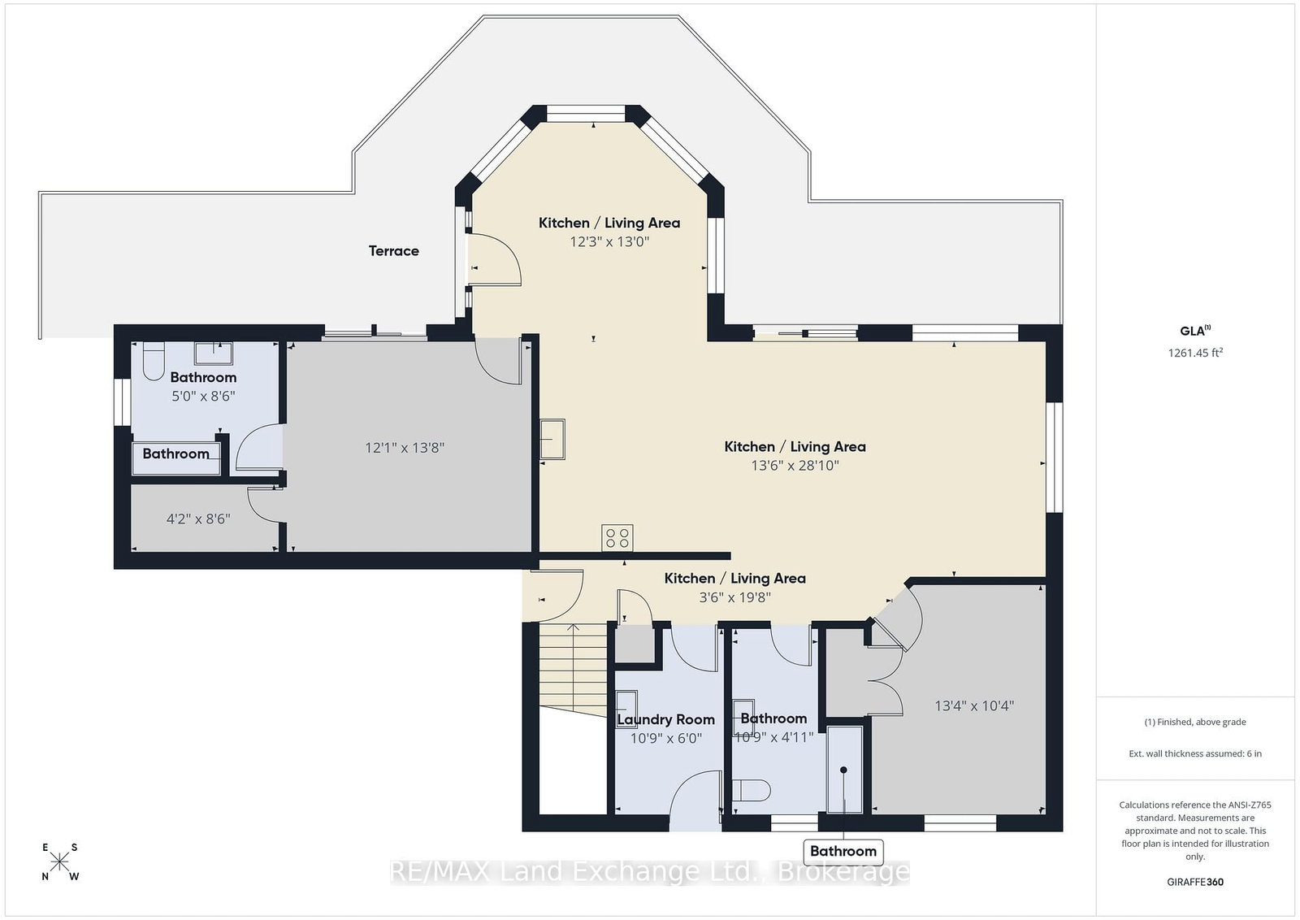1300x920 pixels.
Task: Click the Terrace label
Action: point(393,251)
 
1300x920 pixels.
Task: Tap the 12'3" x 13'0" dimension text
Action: point(609,241)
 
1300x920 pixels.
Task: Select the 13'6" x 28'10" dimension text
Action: point(795,466)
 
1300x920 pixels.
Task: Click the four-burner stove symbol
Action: point(617,537)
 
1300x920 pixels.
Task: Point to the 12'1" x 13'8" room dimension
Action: point(405,448)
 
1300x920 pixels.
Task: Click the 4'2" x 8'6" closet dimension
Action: point(198,519)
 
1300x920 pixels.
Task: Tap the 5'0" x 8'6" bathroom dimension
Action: point(203,397)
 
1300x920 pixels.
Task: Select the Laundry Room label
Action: point(665,720)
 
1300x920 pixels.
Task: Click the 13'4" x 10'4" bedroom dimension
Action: point(974,705)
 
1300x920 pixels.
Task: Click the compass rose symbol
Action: point(59,862)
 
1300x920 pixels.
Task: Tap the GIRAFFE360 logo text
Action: point(1195,883)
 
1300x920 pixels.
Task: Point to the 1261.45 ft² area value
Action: point(1195,353)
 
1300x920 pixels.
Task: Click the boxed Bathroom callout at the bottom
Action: point(843,852)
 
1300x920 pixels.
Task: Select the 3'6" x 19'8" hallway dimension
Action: point(734,597)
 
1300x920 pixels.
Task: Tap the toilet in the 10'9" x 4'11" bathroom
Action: point(752,791)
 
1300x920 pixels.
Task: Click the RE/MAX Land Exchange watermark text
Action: point(650,872)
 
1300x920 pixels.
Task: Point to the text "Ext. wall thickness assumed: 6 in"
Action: point(1195,753)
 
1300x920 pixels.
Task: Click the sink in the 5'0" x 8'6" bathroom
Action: point(214,353)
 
